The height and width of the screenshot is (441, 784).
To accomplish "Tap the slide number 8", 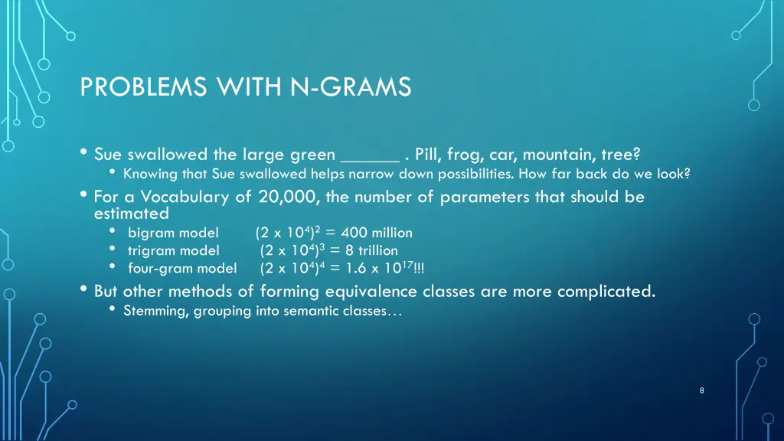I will tap(702, 390).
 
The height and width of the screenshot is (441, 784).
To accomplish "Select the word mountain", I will tap(555, 155).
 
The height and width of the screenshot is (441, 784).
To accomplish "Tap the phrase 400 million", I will tap(377, 233).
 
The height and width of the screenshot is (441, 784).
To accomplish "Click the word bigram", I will tap(150, 233).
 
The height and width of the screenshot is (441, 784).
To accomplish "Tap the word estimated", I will tap(126, 214).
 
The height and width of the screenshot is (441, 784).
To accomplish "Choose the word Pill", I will tap(428, 155).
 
